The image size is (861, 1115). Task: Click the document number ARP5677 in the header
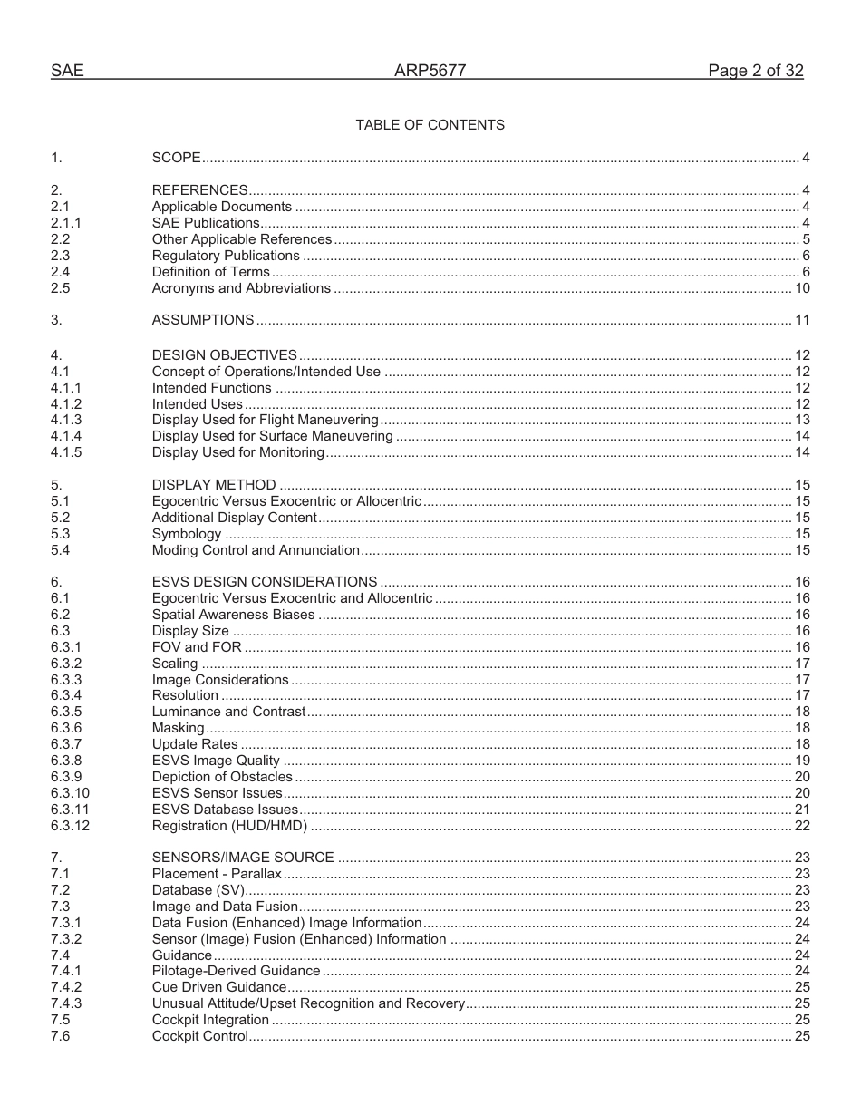tap(430, 71)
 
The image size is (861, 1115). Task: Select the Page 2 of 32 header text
tap(755, 71)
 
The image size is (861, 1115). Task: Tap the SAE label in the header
tap(67, 71)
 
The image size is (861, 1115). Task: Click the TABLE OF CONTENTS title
tap(430, 125)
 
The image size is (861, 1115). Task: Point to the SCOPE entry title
tap(176, 158)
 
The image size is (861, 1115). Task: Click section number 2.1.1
tap(66, 223)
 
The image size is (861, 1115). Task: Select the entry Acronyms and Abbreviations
tap(241, 288)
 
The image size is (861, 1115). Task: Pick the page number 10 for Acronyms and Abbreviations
tap(802, 288)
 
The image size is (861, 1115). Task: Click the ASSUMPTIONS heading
tap(203, 320)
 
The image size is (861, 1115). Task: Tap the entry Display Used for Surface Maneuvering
tap(272, 436)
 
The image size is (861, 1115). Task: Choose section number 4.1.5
tap(66, 452)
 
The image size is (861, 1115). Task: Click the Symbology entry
tap(186, 534)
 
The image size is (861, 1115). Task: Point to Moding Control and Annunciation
tap(256, 550)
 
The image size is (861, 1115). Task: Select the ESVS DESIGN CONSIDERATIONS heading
tap(264, 582)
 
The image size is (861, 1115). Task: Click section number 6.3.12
tap(70, 826)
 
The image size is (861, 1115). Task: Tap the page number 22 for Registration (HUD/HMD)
tap(802, 826)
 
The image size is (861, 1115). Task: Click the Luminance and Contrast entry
tap(228, 712)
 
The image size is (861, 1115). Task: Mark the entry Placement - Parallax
tap(217, 874)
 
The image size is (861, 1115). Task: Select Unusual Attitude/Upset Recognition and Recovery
tap(308, 1003)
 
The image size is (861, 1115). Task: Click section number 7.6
tap(60, 1036)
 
